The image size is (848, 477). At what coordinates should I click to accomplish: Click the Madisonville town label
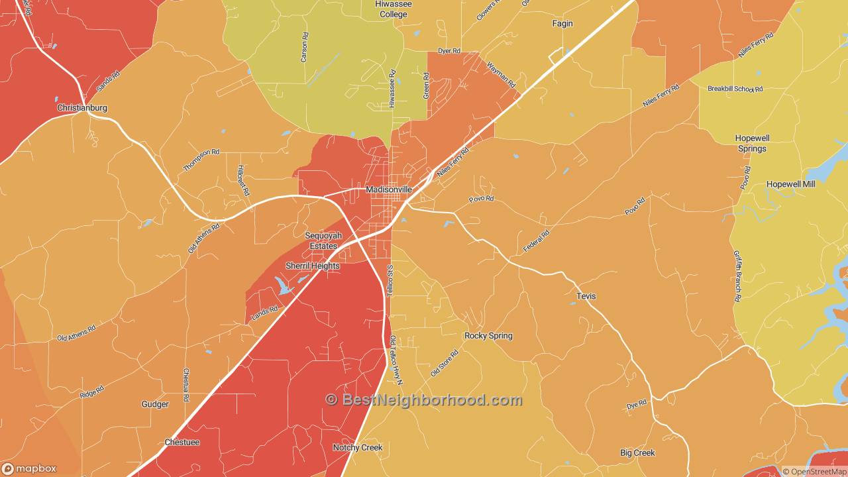[389, 189]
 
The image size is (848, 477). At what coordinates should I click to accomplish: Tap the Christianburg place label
[82, 108]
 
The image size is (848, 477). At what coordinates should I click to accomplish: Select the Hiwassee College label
[394, 9]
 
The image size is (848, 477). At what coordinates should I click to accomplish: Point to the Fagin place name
[562, 24]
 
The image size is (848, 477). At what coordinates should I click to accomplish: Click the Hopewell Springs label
[752, 143]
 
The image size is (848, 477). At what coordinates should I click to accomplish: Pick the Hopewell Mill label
[792, 184]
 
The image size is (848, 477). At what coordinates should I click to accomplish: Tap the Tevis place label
[586, 296]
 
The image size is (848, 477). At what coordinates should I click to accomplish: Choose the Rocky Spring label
[488, 336]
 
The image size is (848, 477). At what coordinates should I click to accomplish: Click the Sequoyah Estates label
[323, 240]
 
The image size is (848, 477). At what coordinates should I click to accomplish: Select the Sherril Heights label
[313, 266]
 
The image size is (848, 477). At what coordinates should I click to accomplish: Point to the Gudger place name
[155, 404]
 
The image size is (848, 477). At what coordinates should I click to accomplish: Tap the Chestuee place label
[182, 442]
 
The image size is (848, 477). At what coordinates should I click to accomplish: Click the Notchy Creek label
[358, 448]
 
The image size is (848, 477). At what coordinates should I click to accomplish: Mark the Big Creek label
[637, 453]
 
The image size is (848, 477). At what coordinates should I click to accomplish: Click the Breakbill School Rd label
[735, 89]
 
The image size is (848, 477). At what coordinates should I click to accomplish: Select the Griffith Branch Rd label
[737, 276]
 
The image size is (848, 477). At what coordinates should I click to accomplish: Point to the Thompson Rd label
[201, 160]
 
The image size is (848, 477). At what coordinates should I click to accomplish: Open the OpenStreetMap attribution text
[814, 472]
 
